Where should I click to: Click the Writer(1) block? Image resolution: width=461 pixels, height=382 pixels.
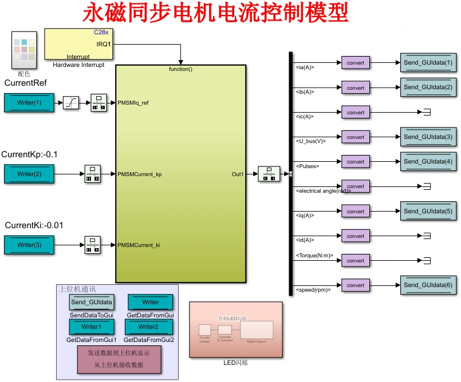29,103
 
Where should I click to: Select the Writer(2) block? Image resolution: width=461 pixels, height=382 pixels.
29,174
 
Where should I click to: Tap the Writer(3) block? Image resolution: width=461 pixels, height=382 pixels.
29,245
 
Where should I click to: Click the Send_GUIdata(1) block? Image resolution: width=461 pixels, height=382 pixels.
428,63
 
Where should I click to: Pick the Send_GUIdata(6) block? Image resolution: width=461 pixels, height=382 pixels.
428,285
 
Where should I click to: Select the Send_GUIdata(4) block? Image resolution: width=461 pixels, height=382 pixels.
428,162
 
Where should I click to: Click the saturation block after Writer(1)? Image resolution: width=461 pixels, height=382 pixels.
71,103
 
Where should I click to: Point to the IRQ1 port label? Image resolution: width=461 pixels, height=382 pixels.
103,44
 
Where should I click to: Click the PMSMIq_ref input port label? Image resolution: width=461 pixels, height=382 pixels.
133,103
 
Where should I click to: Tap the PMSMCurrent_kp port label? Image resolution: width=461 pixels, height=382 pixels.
139,174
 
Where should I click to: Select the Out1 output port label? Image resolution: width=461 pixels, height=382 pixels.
237,174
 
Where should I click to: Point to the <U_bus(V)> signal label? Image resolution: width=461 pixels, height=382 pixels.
310,141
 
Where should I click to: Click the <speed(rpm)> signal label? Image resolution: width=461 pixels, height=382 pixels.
313,290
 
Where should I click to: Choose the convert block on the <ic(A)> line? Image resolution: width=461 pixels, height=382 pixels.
356,113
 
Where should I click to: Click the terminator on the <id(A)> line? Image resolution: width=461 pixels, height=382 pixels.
425,236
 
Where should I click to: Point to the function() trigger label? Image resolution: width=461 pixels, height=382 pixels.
180,69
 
